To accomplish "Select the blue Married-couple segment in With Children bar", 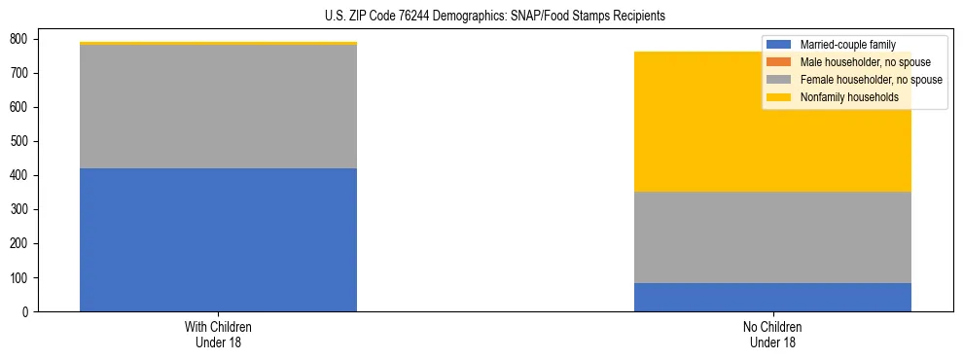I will click(218, 239).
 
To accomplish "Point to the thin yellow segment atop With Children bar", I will click(218, 44).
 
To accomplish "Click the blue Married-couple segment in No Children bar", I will click(772, 297).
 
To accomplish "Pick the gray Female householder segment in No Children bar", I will click(772, 237).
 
